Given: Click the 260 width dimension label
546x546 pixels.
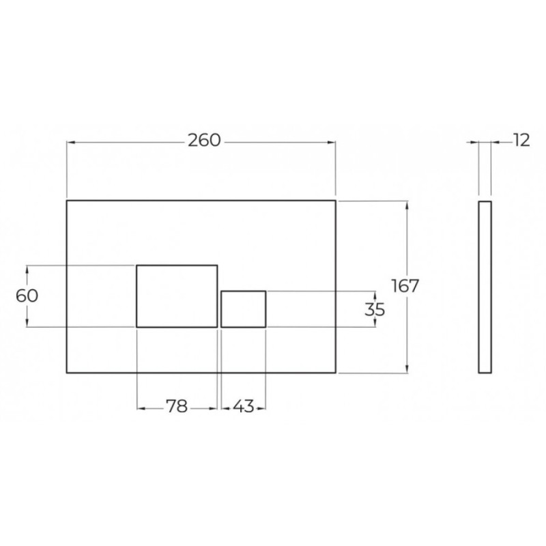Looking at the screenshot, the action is pyautogui.click(x=204, y=141).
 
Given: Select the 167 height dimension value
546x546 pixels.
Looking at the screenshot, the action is pyautogui.click(x=405, y=286).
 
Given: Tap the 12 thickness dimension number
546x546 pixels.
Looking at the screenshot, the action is pyautogui.click(x=521, y=141).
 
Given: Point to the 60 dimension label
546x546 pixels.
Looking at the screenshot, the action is pyautogui.click(x=27, y=296).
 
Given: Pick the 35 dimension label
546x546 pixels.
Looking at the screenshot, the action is pyautogui.click(x=375, y=310).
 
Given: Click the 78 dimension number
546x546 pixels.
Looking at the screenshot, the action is pyautogui.click(x=177, y=406).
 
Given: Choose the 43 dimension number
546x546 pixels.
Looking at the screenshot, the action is pyautogui.click(x=244, y=406).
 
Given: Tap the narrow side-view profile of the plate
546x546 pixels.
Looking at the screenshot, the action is pyautogui.click(x=479, y=287).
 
